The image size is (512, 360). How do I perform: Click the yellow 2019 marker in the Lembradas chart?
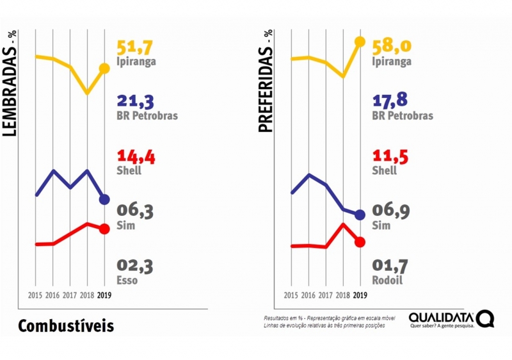pyautogui.click(x=104, y=69)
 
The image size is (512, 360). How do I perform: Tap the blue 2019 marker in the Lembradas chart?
pyautogui.click(x=104, y=199)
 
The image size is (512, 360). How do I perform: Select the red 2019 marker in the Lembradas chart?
pyautogui.click(x=104, y=229)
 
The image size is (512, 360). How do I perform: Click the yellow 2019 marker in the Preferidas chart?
pyautogui.click(x=360, y=42)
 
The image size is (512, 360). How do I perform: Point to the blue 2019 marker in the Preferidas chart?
pyautogui.click(x=360, y=215)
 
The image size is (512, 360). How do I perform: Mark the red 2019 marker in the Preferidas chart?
pyautogui.click(x=360, y=241)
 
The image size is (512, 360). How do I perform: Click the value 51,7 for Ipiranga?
pyautogui.click(x=136, y=47)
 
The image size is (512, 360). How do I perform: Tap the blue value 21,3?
pyautogui.click(x=136, y=101)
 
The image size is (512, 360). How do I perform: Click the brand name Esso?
pyautogui.click(x=127, y=280)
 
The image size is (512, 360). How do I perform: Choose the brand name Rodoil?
pyautogui.click(x=387, y=280)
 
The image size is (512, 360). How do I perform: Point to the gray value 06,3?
pyautogui.click(x=136, y=211)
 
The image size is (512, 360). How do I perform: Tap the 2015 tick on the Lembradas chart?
pyautogui.click(x=35, y=295)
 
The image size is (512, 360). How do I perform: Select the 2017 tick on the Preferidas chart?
pyautogui.click(x=325, y=295)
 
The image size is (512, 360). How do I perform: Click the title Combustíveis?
pyautogui.click(x=66, y=325)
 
